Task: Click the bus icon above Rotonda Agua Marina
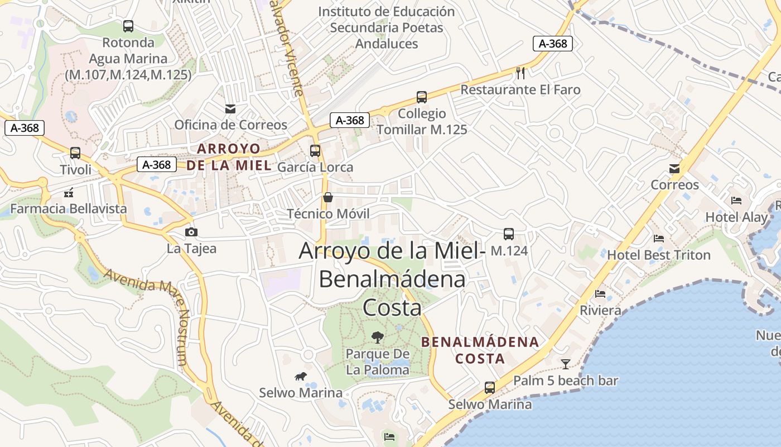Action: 128,26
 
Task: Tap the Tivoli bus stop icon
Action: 75,153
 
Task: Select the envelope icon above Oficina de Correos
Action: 230,108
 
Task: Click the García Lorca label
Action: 315,167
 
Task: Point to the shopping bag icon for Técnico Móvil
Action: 327,197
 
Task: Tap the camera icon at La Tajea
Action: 191,232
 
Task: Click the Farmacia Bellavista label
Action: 69,208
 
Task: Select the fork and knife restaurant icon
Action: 521,73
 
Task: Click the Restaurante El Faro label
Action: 520,89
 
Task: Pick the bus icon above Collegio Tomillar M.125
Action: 422,97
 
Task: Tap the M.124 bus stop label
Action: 509,251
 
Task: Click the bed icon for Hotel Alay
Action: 736,201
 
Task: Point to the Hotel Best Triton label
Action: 658,255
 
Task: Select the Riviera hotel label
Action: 600,310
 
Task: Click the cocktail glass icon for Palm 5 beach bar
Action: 566,364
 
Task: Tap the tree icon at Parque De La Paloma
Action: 378,337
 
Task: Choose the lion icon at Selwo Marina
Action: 301,376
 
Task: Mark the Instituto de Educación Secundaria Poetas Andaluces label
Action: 387,27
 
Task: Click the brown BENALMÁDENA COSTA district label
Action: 480,350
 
